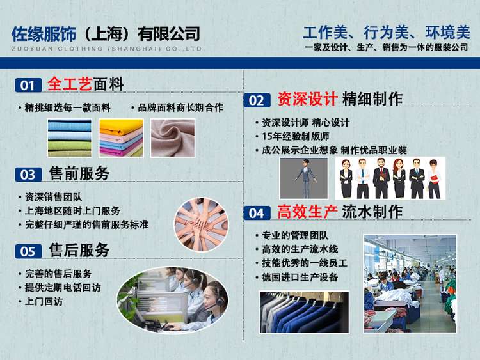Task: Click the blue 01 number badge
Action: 28,85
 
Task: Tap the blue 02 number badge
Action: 257,100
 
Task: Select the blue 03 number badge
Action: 28,175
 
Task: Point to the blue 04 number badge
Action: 257,213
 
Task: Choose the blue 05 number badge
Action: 28,251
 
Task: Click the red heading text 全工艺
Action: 70,84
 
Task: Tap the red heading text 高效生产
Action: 307,212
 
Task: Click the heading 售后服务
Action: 79,250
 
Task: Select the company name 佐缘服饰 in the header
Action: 44,34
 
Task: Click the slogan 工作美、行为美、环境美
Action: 387,33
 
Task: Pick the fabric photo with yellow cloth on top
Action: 121,138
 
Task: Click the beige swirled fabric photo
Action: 173,138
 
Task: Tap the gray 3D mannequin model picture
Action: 303,178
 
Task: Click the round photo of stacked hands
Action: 202,224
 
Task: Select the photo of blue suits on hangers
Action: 304,312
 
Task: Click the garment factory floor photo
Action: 410,283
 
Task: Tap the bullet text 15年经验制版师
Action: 296,136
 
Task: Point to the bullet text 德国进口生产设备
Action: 300,277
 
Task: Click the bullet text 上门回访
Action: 44,301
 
